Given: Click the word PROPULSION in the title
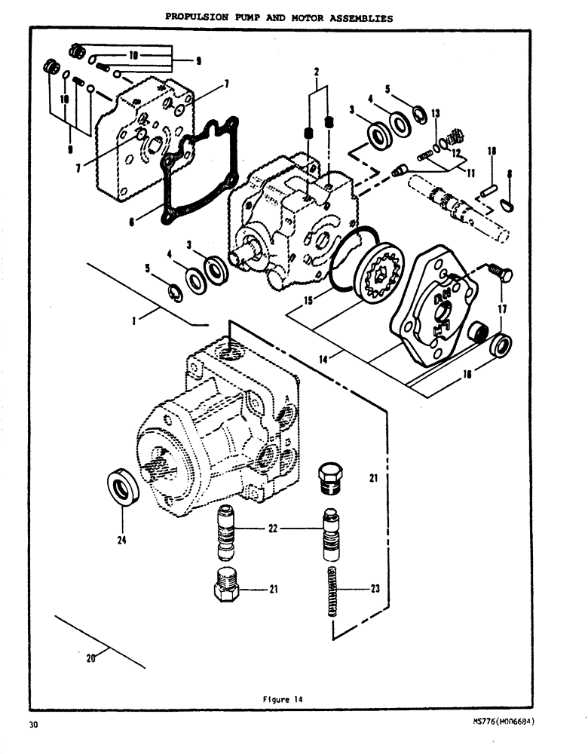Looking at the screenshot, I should (198, 18).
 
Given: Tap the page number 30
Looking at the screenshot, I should (33, 725).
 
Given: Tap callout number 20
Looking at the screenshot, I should (91, 657).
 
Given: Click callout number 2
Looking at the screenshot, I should (317, 72).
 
